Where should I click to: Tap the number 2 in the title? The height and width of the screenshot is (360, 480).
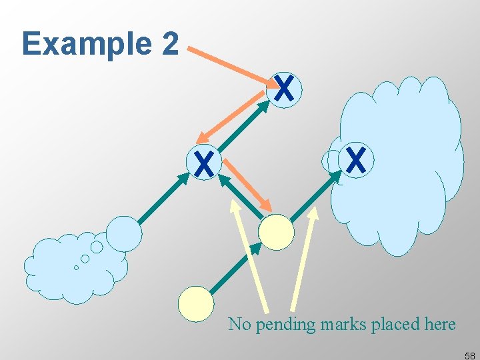(170, 44)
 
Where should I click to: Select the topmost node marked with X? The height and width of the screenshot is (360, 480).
(284, 89)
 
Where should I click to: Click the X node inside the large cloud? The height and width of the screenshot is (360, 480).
(356, 160)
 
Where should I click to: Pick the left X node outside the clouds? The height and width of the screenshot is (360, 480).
(204, 163)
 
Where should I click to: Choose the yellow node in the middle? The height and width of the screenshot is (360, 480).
(276, 232)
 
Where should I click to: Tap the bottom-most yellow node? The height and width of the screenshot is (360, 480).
(196, 303)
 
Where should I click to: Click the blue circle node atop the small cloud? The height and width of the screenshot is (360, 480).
(124, 233)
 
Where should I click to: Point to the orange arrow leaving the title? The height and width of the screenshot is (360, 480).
(233, 66)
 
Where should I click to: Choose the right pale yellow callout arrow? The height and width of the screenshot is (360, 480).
(303, 260)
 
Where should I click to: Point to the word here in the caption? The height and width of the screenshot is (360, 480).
(439, 325)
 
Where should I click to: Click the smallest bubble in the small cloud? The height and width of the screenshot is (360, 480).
(76, 267)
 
